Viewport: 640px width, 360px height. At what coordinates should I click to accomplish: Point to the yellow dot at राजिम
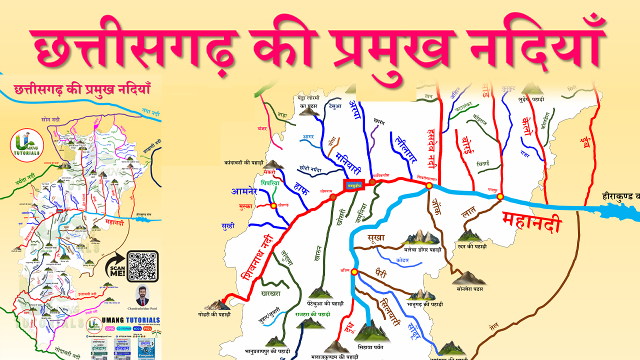pos(354,272)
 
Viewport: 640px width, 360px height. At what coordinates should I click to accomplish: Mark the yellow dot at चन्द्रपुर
pos(500,197)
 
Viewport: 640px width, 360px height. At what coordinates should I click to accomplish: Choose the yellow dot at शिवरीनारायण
pos(429,186)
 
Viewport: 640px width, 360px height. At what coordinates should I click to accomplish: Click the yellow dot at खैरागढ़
pos(273,205)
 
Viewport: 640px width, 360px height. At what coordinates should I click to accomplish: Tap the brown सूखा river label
pos(375,238)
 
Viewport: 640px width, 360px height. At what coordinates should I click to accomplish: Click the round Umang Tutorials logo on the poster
pos(27,145)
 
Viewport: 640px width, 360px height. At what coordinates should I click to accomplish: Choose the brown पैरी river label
pos(381,272)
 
